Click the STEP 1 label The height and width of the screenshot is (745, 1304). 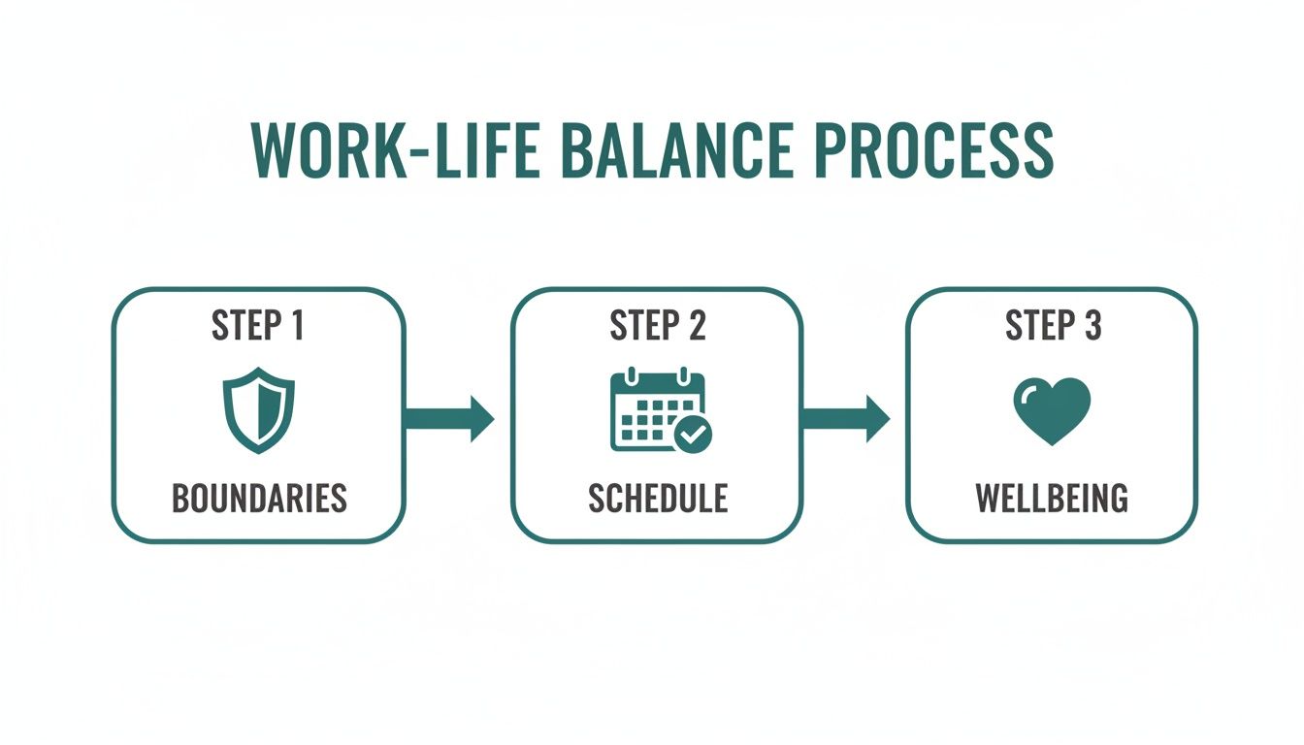(x=258, y=326)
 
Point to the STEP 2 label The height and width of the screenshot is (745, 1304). (x=657, y=326)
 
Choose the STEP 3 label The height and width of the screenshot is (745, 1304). (x=1053, y=326)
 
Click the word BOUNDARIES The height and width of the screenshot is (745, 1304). (x=259, y=498)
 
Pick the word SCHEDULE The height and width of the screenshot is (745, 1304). (x=657, y=498)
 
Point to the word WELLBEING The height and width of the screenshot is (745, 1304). (x=1052, y=498)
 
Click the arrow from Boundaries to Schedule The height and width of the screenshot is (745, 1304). (x=449, y=418)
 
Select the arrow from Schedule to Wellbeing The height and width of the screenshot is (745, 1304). (x=845, y=418)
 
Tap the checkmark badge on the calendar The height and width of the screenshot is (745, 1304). (x=692, y=436)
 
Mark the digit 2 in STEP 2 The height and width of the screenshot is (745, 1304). (x=696, y=326)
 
